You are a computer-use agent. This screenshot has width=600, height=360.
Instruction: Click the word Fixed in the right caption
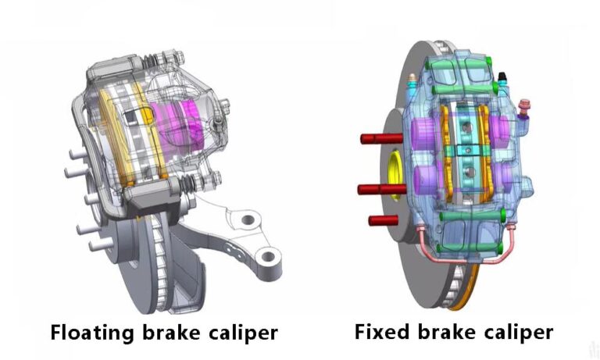[378, 332]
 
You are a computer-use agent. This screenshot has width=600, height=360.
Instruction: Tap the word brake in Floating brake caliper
[181, 332]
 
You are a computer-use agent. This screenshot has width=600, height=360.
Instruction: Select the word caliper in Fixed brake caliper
[514, 332]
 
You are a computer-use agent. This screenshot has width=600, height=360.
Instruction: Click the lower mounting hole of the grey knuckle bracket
[267, 255]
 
